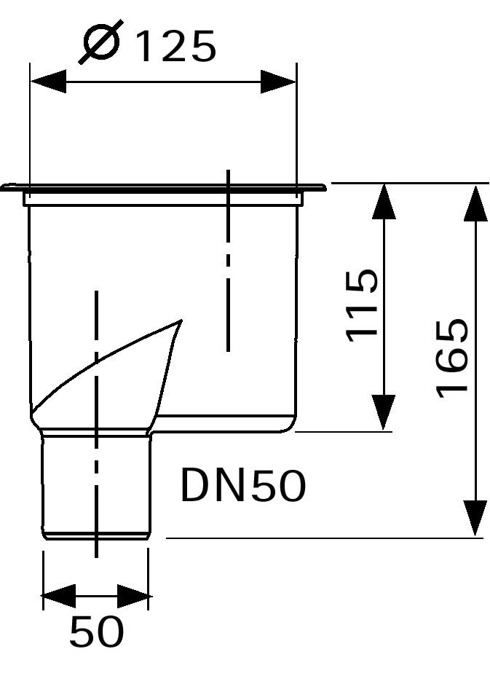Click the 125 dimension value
tap(176, 46)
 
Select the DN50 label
tap(243, 485)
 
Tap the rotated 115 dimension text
tap(362, 305)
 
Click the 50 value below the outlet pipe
tap(97, 632)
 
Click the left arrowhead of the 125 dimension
tap(48, 81)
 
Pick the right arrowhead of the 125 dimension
tap(278, 81)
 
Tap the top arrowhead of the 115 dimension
tap(384, 201)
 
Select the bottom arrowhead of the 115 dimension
tap(384, 413)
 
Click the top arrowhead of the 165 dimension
tap(475, 202)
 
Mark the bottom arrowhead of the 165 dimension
tap(475, 518)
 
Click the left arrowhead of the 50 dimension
tap(58, 596)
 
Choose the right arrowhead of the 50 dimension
tap(133, 596)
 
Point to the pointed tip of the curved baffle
tap(181, 321)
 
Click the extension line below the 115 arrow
tap(344, 432)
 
